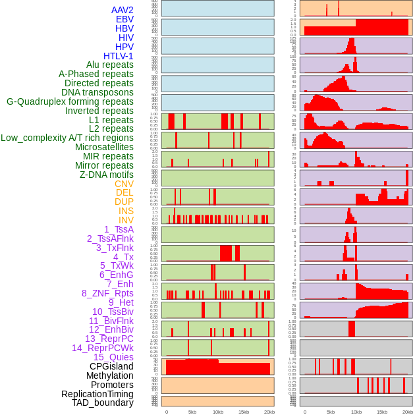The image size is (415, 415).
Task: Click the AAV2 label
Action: click(x=123, y=10)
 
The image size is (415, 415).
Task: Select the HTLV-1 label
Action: click(x=119, y=56)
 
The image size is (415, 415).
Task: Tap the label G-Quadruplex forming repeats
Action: click(x=70, y=101)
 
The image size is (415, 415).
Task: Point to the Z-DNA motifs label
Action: click(x=107, y=175)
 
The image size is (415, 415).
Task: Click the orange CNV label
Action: click(x=124, y=184)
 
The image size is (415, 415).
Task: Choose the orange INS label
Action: click(x=126, y=211)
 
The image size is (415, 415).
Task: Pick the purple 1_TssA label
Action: click(x=119, y=229)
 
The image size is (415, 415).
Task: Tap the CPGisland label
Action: click(x=111, y=366)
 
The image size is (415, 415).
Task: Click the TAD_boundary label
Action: click(x=103, y=402)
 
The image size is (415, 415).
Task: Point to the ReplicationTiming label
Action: click(x=97, y=394)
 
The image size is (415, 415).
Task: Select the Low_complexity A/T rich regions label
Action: click(x=67, y=138)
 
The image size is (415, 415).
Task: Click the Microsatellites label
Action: click(x=104, y=147)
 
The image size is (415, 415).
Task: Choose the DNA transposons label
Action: click(x=97, y=92)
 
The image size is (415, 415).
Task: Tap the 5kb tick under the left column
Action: click(x=192, y=412)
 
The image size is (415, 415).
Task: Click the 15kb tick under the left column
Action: click(x=244, y=412)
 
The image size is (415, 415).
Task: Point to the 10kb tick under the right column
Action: click(x=356, y=412)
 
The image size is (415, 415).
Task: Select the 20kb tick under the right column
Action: click(x=408, y=412)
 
